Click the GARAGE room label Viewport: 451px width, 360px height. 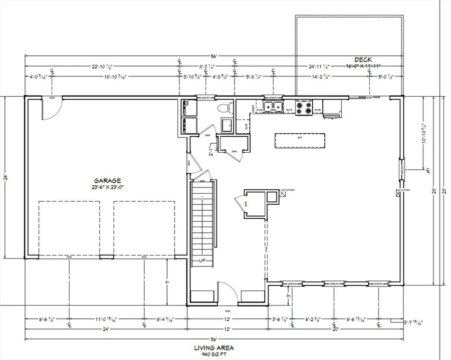[107, 181]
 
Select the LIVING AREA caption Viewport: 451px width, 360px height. [214, 347]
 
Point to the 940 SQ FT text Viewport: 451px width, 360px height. [214, 353]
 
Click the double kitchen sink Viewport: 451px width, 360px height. [274, 106]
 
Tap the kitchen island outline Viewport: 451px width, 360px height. [299, 141]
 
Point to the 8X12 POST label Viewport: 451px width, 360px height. [403, 190]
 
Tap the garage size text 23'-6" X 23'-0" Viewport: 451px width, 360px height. [107, 187]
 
